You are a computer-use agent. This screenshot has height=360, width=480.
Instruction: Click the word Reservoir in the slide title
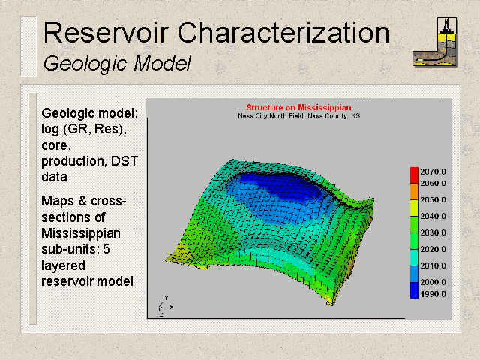coord(106,32)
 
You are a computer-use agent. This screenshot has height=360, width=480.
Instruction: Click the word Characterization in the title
coord(283,32)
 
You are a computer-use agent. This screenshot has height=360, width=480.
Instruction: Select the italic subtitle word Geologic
coord(85,64)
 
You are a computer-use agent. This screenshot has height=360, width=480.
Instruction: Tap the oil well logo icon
coord(435,42)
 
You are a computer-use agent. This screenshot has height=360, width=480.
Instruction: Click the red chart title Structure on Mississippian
coord(298,107)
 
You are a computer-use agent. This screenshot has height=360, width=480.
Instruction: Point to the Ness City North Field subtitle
coord(298,116)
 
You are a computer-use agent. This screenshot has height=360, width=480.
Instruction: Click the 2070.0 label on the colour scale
coord(433,172)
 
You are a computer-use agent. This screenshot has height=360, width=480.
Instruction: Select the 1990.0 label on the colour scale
coord(433,294)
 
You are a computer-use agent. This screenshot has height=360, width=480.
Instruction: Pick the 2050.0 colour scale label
coord(433,200)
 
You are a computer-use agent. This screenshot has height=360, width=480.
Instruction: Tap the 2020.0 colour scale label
coord(433,249)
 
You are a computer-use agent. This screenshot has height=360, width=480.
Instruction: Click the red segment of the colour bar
coord(414,175)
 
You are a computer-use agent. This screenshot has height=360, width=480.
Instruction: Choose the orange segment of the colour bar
coord(414,192)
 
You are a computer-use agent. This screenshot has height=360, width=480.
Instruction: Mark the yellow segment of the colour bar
coord(414,208)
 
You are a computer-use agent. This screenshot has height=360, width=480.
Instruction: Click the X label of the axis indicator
coord(172,307)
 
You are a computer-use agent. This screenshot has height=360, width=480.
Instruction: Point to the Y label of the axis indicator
coord(166,298)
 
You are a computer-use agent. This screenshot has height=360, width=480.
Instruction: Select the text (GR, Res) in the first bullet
coord(95,129)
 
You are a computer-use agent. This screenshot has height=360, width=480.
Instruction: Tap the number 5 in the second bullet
coord(106,249)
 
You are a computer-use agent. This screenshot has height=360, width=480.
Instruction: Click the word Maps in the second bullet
coord(58,201)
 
